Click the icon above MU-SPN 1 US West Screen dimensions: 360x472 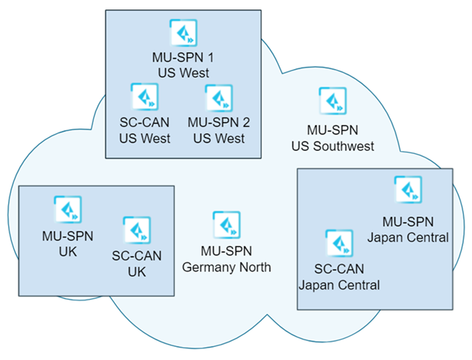pos(183,33)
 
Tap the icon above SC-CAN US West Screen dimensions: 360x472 pos(144,97)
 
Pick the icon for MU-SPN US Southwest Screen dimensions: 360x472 pos(333,102)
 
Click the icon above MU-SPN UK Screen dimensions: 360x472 pos(68,209)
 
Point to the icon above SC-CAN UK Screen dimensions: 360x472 pos(137,230)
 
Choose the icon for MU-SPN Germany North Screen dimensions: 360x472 pos(227,225)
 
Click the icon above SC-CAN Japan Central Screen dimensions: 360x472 pos(339,243)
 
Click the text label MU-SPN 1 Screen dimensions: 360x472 pos(183,57)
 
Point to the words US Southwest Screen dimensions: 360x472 pos(333,146)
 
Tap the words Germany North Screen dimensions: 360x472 pos(227,267)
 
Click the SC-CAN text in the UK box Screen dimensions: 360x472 pos(137,255)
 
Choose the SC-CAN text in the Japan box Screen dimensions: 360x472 pos(339,269)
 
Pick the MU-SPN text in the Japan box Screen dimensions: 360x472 pos(408,221)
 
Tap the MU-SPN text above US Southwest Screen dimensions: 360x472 pos(333,131)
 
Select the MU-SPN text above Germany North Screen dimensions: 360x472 pos(227,251)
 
